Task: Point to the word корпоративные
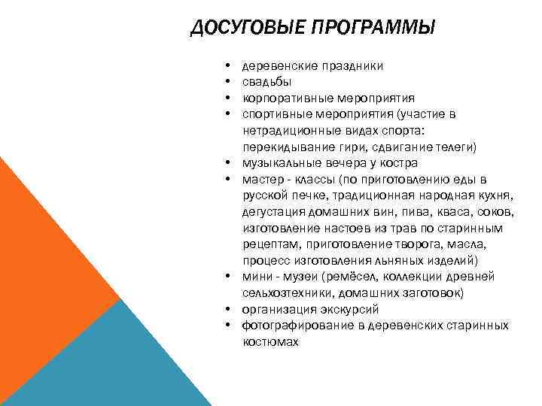[x=281, y=98]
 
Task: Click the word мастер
[x=260, y=179]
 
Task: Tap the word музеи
[x=296, y=277]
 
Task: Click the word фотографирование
[x=291, y=326]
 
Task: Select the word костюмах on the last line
[x=270, y=341]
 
